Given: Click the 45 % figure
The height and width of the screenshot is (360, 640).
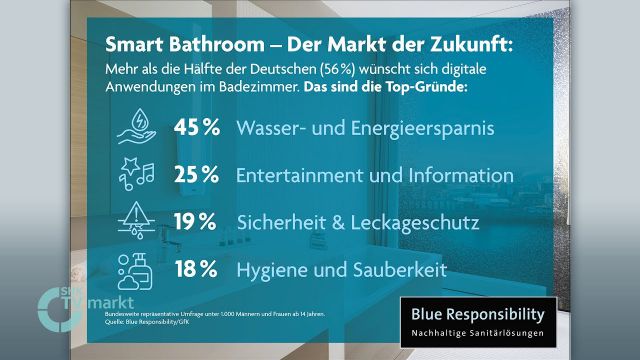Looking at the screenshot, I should pyautogui.click(x=196, y=130).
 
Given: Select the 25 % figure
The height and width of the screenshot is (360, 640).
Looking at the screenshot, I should pyautogui.click(x=196, y=175).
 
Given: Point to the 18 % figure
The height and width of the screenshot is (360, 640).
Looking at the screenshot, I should pyautogui.click(x=196, y=269).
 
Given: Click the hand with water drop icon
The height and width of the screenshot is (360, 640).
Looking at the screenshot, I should pyautogui.click(x=138, y=129).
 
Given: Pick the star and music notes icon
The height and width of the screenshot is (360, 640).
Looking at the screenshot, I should pyautogui.click(x=138, y=174).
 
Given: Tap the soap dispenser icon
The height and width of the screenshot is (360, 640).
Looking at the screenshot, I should pyautogui.click(x=138, y=269).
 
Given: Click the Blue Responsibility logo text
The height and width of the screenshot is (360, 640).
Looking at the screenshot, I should pyautogui.click(x=478, y=312).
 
